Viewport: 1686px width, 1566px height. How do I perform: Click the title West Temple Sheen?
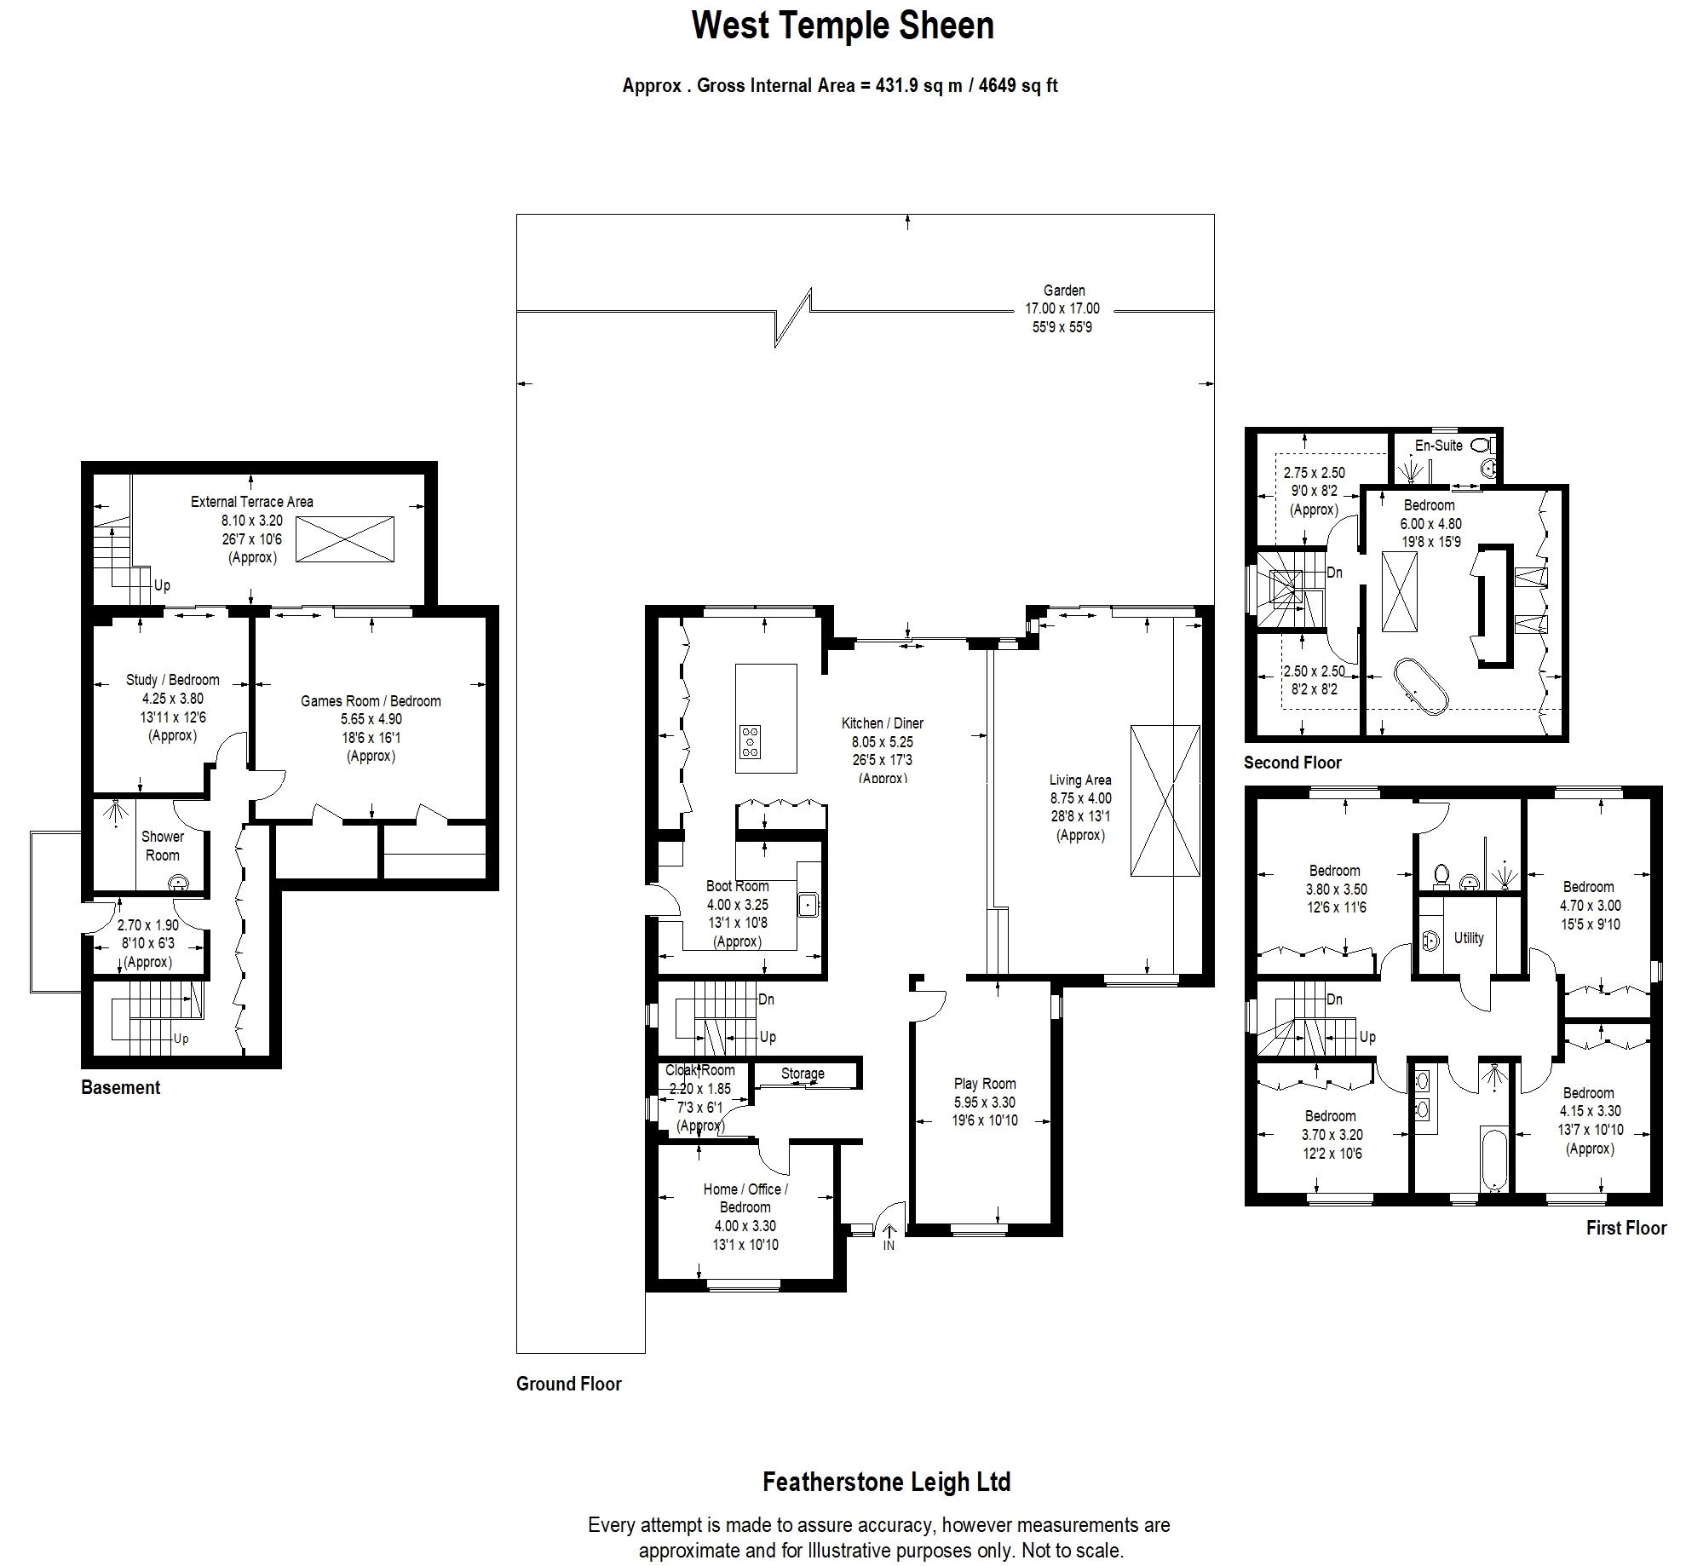[x=843, y=26]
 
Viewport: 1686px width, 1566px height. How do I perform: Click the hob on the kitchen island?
[x=751, y=741]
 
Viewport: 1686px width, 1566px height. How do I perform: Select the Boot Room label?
[x=737, y=886]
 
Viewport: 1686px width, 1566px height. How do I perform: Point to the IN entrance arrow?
[x=889, y=1233]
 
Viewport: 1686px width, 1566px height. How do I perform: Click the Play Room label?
[x=985, y=1084]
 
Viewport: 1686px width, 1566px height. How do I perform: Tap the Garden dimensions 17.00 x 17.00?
[x=1062, y=308]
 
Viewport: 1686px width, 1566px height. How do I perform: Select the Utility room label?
[x=1469, y=937]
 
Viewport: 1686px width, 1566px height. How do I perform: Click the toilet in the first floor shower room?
[x=1441, y=875]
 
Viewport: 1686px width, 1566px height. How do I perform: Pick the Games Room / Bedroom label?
[x=371, y=701]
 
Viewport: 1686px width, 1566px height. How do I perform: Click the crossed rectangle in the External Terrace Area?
[x=345, y=538]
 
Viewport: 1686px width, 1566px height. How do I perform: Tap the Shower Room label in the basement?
[x=162, y=846]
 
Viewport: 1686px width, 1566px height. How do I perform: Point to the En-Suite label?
[x=1439, y=446]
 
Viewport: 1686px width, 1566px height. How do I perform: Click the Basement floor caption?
[x=120, y=1087]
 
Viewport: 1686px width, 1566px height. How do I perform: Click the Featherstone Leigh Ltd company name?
[x=886, y=1482]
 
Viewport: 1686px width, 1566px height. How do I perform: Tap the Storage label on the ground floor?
[x=803, y=1074]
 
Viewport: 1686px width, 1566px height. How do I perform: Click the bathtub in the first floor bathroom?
[x=1495, y=1159]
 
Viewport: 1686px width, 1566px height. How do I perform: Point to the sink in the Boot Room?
[x=808, y=904]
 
